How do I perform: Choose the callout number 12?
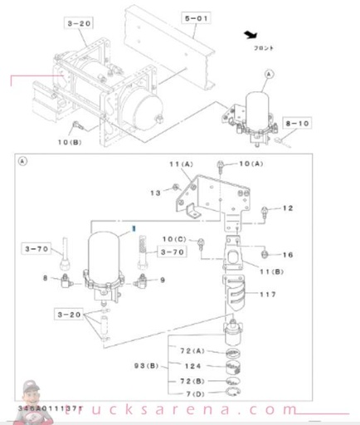tap(288, 208)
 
